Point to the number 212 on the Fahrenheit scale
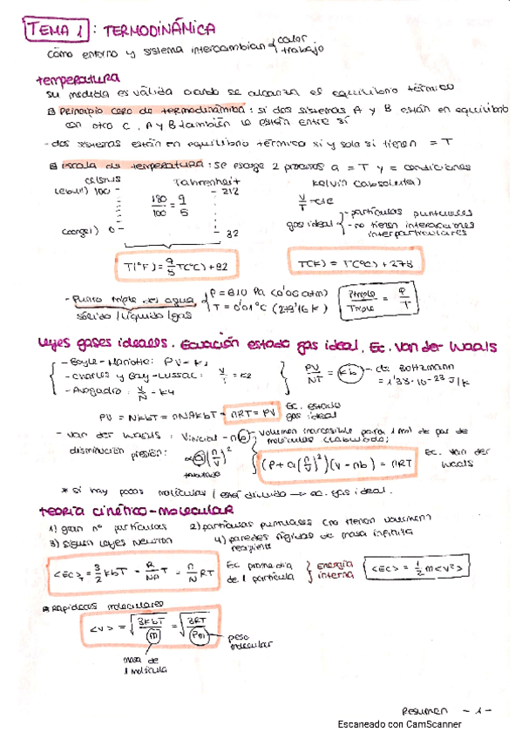(231, 192)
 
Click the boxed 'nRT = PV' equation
(256, 409)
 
